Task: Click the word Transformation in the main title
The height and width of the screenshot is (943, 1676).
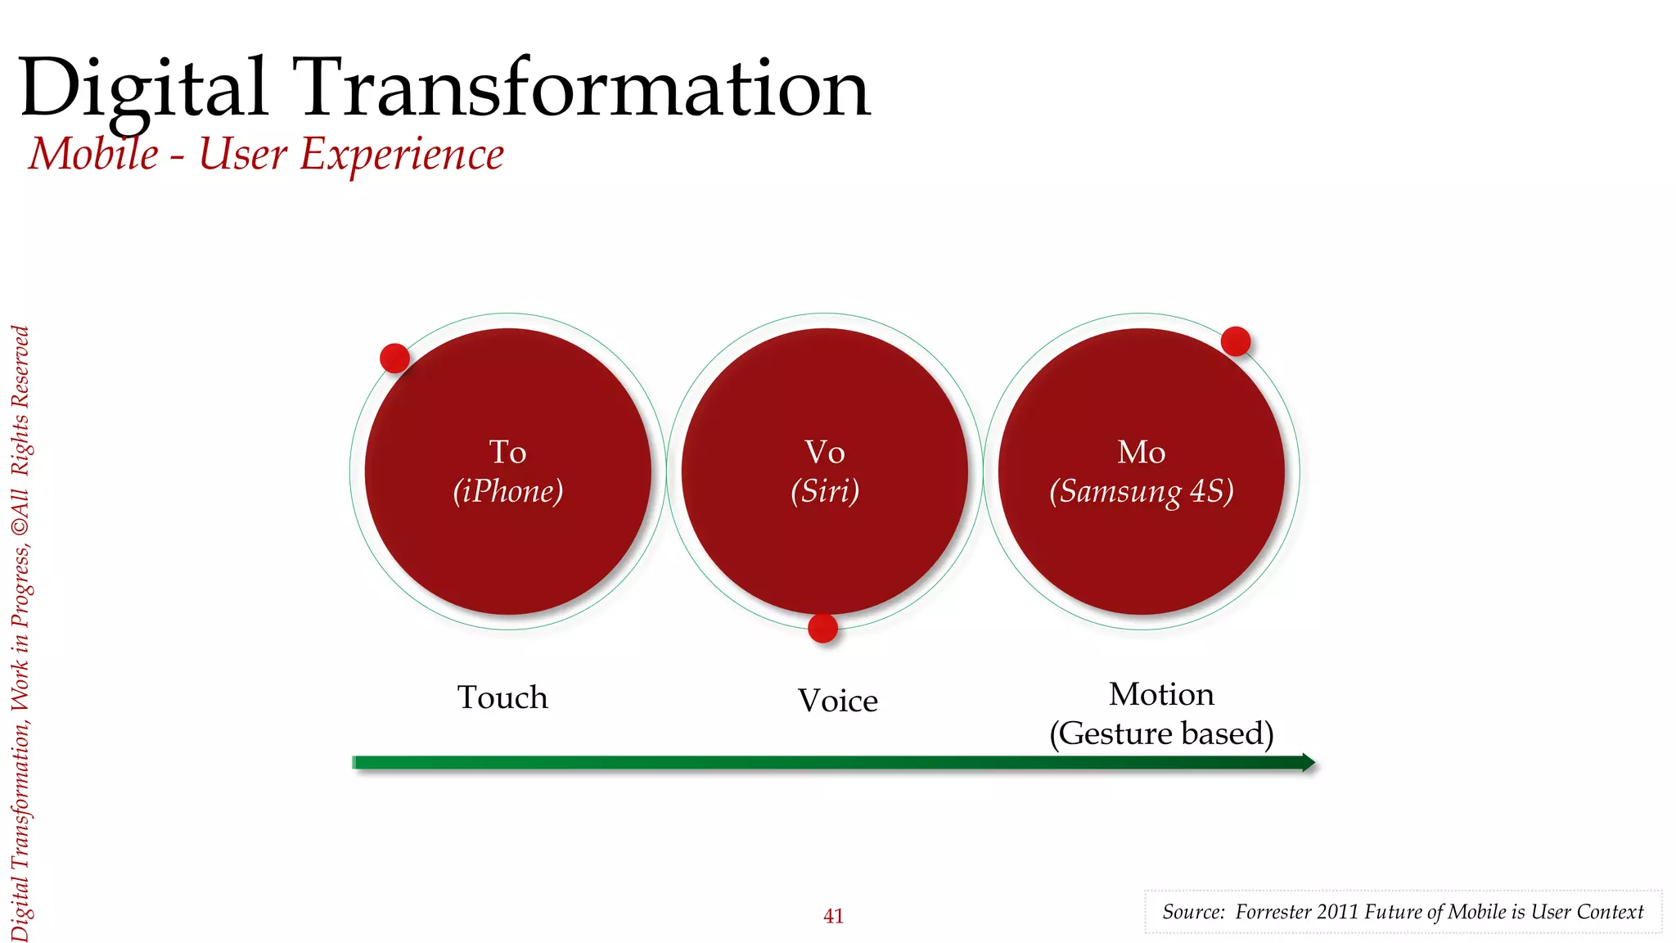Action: coord(585,88)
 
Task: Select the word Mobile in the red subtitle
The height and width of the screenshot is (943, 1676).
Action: coord(94,154)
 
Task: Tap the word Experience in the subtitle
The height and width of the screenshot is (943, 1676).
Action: coord(402,156)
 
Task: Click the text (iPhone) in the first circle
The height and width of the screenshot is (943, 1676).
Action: coord(508,491)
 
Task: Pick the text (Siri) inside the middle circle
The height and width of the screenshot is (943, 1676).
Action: coord(825,491)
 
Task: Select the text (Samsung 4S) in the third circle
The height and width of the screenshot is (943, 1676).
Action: coord(1142,491)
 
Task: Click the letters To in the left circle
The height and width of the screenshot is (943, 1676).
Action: coord(507,452)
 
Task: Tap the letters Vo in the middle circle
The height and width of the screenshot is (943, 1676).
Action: coord(825,452)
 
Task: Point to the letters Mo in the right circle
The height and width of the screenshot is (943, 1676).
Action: coord(1142,452)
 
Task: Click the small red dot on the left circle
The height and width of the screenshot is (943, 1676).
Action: coord(394,358)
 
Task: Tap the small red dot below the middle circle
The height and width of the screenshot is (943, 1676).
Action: coord(822,628)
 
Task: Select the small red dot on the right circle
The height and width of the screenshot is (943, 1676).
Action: coord(1235,341)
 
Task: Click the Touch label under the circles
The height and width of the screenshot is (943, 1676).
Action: coord(502,697)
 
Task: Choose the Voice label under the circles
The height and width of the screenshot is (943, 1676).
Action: coord(838,701)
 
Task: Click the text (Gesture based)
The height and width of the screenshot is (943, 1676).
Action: coord(1161,733)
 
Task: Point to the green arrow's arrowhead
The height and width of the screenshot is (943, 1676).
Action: coord(1308,763)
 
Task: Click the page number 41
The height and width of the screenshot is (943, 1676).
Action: coord(833,916)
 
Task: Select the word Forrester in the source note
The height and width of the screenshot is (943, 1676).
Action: coord(1273,912)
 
